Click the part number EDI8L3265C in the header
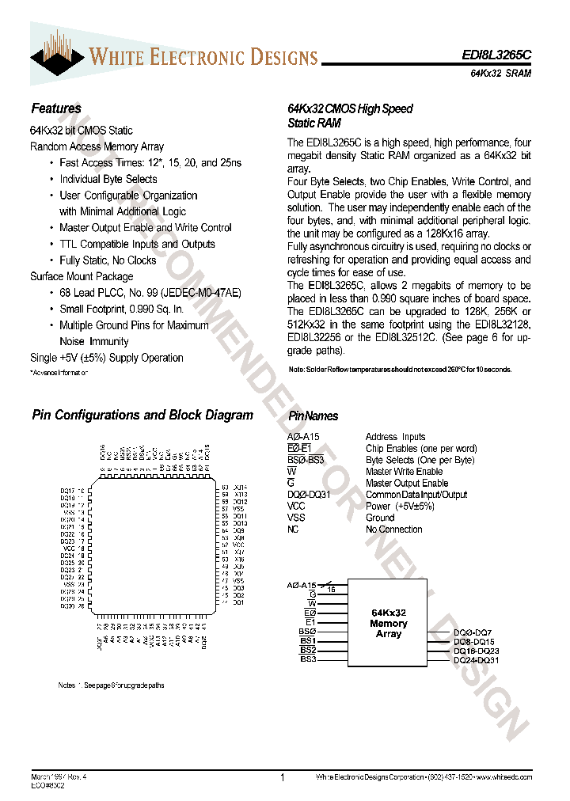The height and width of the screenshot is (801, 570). click(x=496, y=57)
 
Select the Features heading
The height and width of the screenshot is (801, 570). click(x=55, y=108)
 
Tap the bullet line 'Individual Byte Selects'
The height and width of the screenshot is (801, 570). click(x=108, y=179)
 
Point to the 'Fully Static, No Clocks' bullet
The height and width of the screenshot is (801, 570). click(x=108, y=260)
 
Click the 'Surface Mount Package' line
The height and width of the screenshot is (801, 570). click(x=82, y=276)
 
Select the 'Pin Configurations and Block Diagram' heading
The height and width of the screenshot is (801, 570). click(x=142, y=415)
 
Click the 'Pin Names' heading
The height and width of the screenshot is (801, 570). click(x=313, y=416)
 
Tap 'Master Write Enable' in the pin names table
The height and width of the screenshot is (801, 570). click(x=404, y=472)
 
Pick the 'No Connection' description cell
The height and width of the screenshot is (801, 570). click(x=394, y=530)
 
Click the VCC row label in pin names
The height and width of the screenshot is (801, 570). click(x=296, y=507)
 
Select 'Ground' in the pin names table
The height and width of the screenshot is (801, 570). click(x=380, y=518)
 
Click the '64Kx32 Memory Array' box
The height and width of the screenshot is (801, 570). click(x=389, y=623)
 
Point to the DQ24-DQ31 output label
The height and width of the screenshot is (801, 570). click(x=477, y=659)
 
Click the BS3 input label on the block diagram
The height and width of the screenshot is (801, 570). click(x=308, y=659)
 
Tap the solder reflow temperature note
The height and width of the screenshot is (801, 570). click(x=400, y=370)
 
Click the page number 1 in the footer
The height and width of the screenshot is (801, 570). click(x=283, y=778)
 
